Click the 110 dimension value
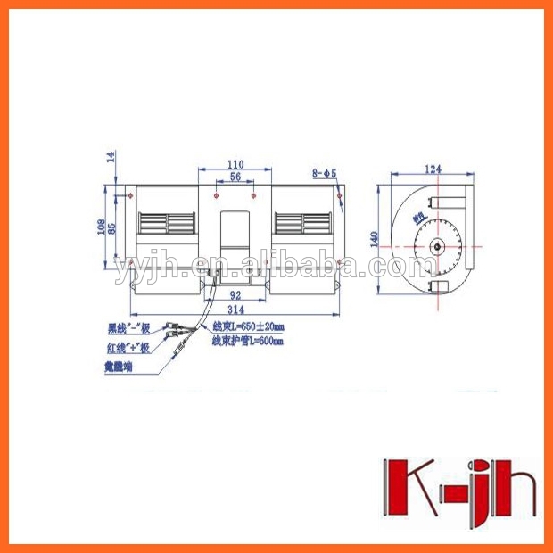(x=235, y=165)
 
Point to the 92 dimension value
(x=235, y=293)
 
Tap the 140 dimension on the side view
(x=376, y=238)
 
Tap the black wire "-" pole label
(x=128, y=329)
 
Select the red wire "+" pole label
(x=128, y=348)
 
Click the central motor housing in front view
(x=235, y=227)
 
